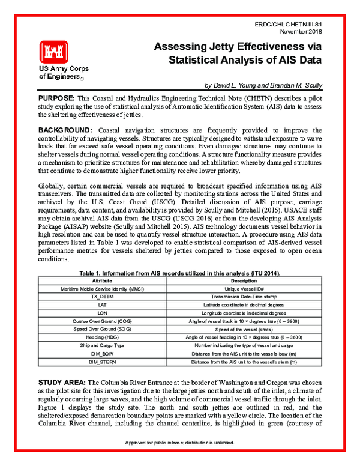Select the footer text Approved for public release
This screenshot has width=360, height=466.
click(180, 459)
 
